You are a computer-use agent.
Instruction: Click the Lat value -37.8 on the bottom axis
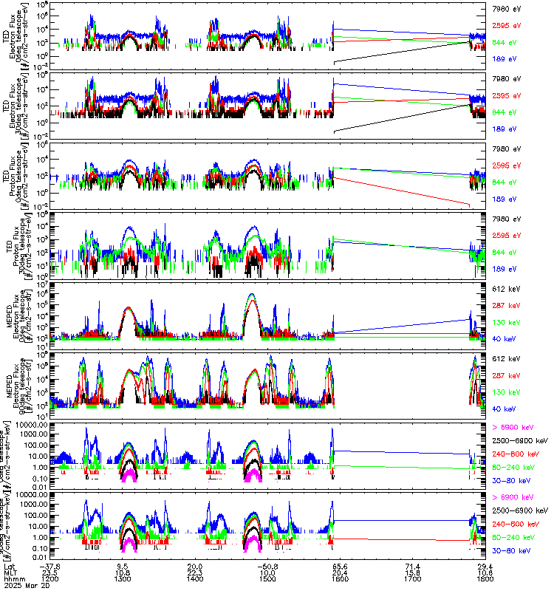[50, 564]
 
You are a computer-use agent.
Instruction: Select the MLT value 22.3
[195, 571]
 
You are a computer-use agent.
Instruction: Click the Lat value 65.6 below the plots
[339, 564]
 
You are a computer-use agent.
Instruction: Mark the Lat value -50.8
[267, 564]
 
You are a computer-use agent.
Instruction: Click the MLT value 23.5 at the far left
[50, 571]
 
